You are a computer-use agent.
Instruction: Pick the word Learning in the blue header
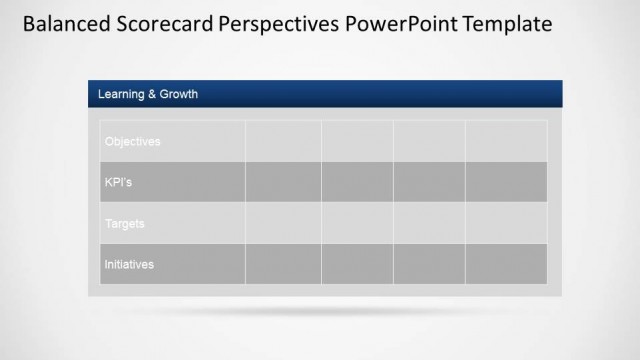point(121,95)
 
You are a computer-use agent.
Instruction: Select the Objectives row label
point(132,141)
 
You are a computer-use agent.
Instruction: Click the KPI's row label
point(118,182)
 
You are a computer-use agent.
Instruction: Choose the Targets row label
point(124,223)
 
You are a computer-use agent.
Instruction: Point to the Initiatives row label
point(129,264)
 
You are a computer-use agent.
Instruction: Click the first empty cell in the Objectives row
point(283,141)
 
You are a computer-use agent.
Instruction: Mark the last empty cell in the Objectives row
point(506,141)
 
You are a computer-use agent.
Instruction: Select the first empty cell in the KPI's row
point(283,182)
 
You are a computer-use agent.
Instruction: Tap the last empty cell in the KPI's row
point(506,182)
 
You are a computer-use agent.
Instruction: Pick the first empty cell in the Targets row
point(283,223)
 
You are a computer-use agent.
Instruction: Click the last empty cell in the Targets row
point(506,223)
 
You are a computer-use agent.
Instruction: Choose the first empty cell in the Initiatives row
point(283,264)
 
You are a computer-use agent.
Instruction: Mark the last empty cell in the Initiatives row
point(506,264)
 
